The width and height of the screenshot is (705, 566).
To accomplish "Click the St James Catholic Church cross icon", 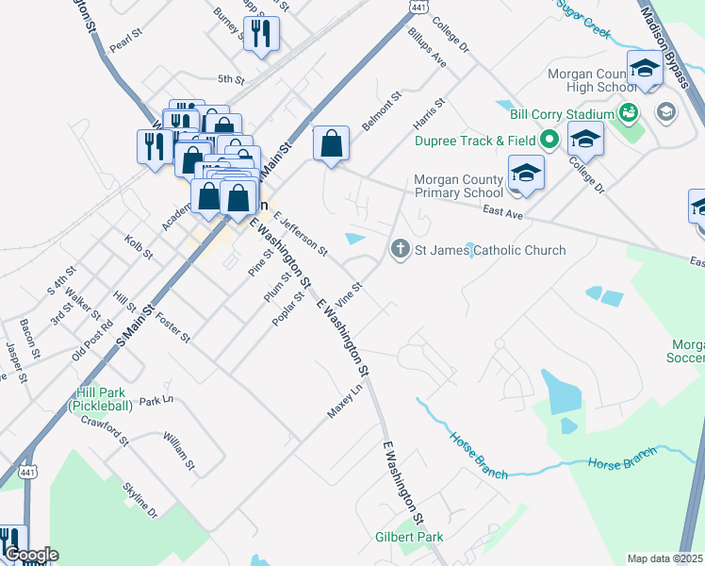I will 400,250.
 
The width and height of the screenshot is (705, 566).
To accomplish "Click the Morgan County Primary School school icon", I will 526,173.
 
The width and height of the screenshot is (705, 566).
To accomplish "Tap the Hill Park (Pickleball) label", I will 107,398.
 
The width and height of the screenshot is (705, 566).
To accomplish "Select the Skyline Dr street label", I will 140,500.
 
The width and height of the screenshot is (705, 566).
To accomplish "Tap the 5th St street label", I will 231,79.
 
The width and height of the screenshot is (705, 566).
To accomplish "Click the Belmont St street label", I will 385,111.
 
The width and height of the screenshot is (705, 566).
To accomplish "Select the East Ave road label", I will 503,214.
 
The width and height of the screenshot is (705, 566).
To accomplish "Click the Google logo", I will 31,555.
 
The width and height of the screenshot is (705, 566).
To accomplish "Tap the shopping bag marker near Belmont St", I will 331,144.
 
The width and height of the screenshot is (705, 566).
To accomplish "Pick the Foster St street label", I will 172,326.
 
